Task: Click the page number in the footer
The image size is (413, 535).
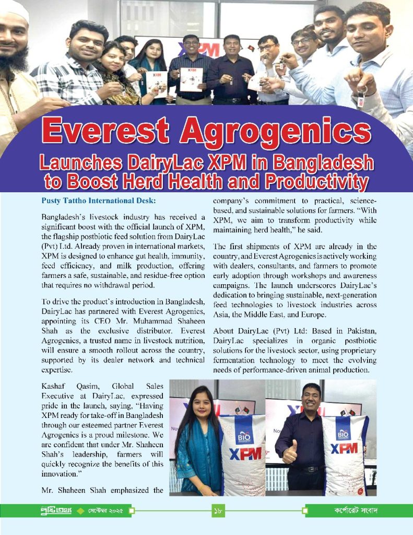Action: coord(218,510)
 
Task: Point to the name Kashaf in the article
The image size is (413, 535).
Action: coord(54,386)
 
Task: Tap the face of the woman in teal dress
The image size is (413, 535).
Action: coord(201,406)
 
